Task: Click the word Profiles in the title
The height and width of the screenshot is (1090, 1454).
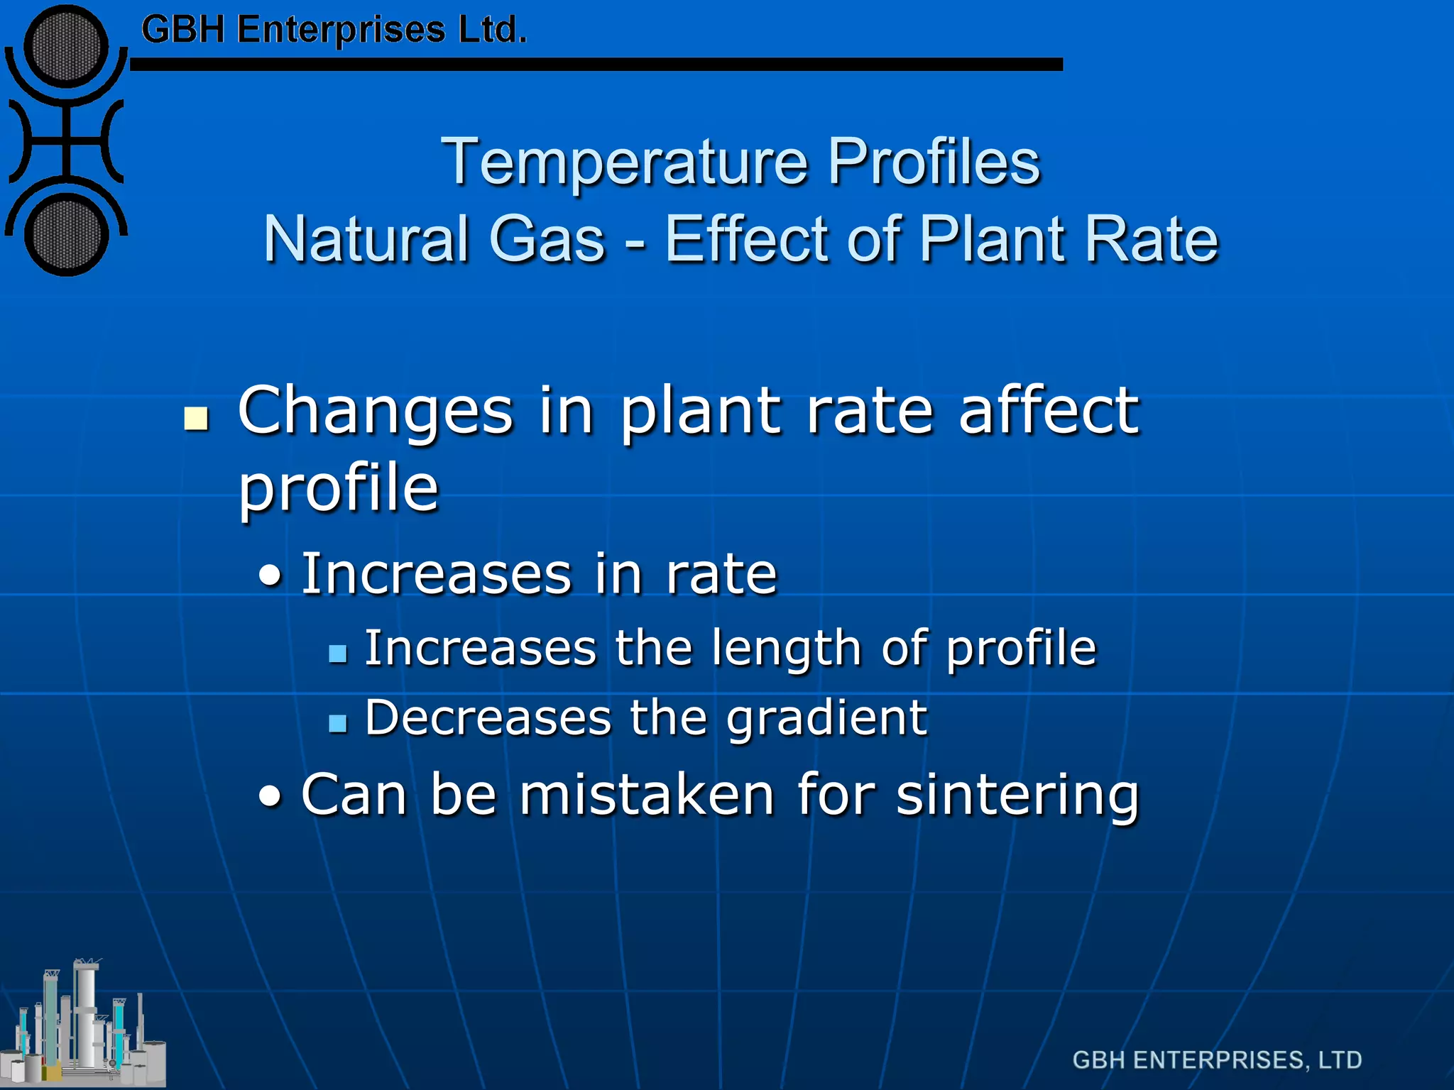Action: [934, 162]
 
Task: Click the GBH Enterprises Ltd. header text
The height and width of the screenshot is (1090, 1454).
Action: [334, 31]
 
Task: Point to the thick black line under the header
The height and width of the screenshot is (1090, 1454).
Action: [596, 65]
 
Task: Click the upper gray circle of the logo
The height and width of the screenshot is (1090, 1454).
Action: [66, 46]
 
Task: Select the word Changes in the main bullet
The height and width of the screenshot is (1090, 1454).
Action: [375, 412]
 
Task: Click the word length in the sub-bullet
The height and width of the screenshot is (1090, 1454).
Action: [786, 649]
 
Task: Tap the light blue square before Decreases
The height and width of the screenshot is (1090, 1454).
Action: [338, 723]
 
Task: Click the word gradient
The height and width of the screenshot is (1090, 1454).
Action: [826, 719]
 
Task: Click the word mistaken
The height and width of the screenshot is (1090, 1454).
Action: [646, 795]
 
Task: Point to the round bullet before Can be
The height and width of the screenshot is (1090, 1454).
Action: [270, 798]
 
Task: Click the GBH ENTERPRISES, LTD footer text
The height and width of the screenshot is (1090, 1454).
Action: [1217, 1060]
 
